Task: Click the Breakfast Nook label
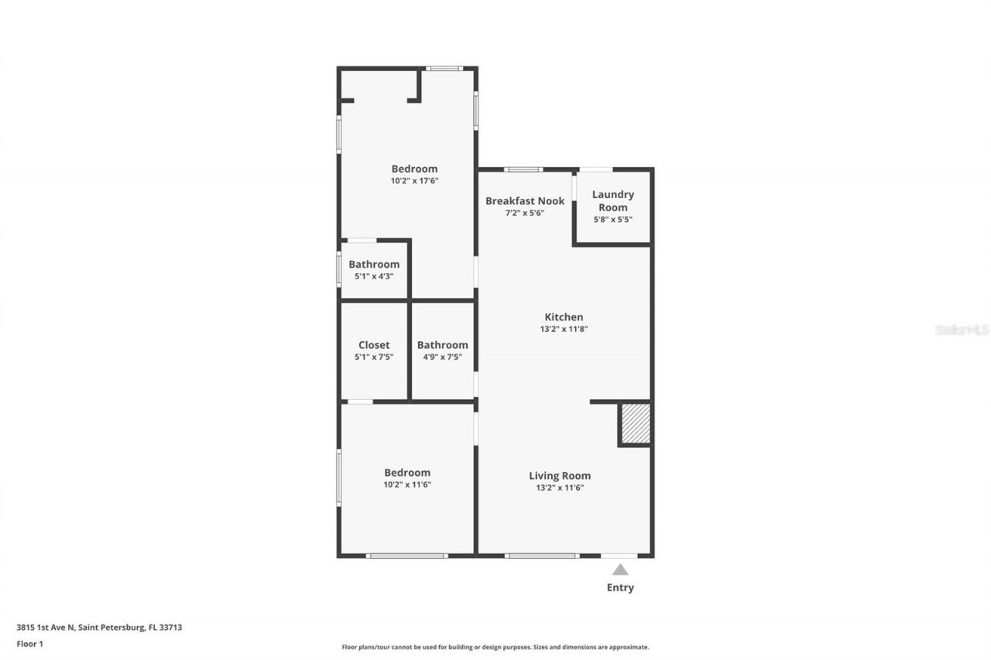tap(525, 201)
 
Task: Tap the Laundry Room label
tap(612, 201)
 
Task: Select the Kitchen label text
tap(564, 317)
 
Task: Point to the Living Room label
tap(560, 476)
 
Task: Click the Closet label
tap(374, 345)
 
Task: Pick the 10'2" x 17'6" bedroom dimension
tap(414, 181)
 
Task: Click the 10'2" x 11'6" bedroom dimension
tap(407, 485)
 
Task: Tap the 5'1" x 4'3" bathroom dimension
tap(374, 276)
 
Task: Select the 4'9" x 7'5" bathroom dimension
tap(442, 357)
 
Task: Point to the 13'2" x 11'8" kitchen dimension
tap(564, 329)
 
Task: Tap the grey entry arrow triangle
tap(620, 569)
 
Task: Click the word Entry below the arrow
tap(620, 588)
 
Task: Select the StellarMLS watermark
tap(962, 330)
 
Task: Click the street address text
tap(99, 628)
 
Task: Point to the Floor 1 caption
tap(29, 644)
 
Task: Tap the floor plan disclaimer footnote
tap(495, 647)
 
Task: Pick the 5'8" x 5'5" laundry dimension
tap(612, 220)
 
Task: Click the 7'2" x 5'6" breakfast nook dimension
tap(525, 213)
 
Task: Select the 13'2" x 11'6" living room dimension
tap(560, 488)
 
